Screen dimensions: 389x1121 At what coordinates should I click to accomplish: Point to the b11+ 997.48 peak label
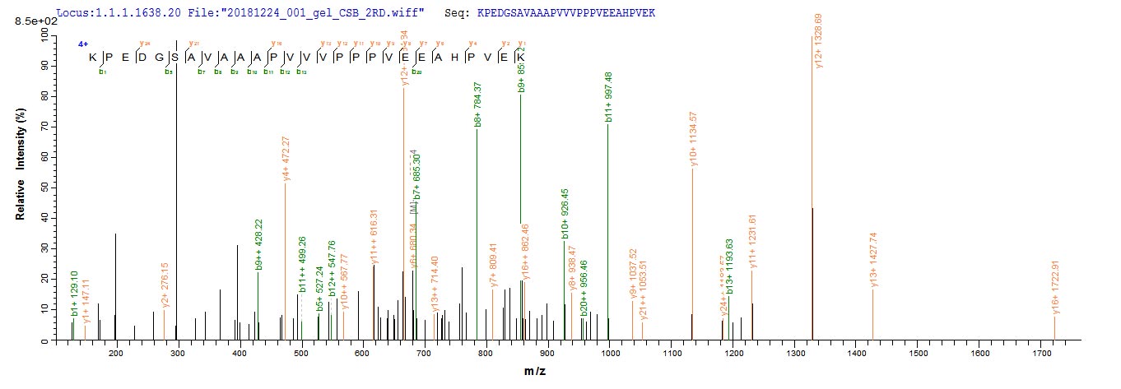tap(608, 95)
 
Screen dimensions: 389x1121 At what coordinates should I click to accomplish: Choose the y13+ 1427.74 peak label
tap(874, 261)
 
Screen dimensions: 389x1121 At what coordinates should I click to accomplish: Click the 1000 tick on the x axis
tap(610, 354)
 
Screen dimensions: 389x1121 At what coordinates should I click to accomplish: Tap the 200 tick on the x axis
tap(115, 354)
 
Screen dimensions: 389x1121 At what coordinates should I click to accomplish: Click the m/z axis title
tap(536, 372)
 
